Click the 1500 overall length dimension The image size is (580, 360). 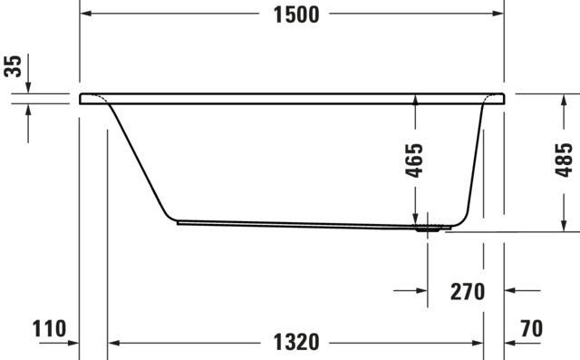296,15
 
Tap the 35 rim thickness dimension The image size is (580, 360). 13,66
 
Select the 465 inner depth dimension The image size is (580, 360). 414,161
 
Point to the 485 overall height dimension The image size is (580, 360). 564,160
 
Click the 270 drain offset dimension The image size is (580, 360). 468,292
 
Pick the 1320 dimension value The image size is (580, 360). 296,342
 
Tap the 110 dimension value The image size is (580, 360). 49,328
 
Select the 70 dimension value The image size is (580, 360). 532,328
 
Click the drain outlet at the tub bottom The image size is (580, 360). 428,229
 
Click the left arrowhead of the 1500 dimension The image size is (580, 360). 86,14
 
